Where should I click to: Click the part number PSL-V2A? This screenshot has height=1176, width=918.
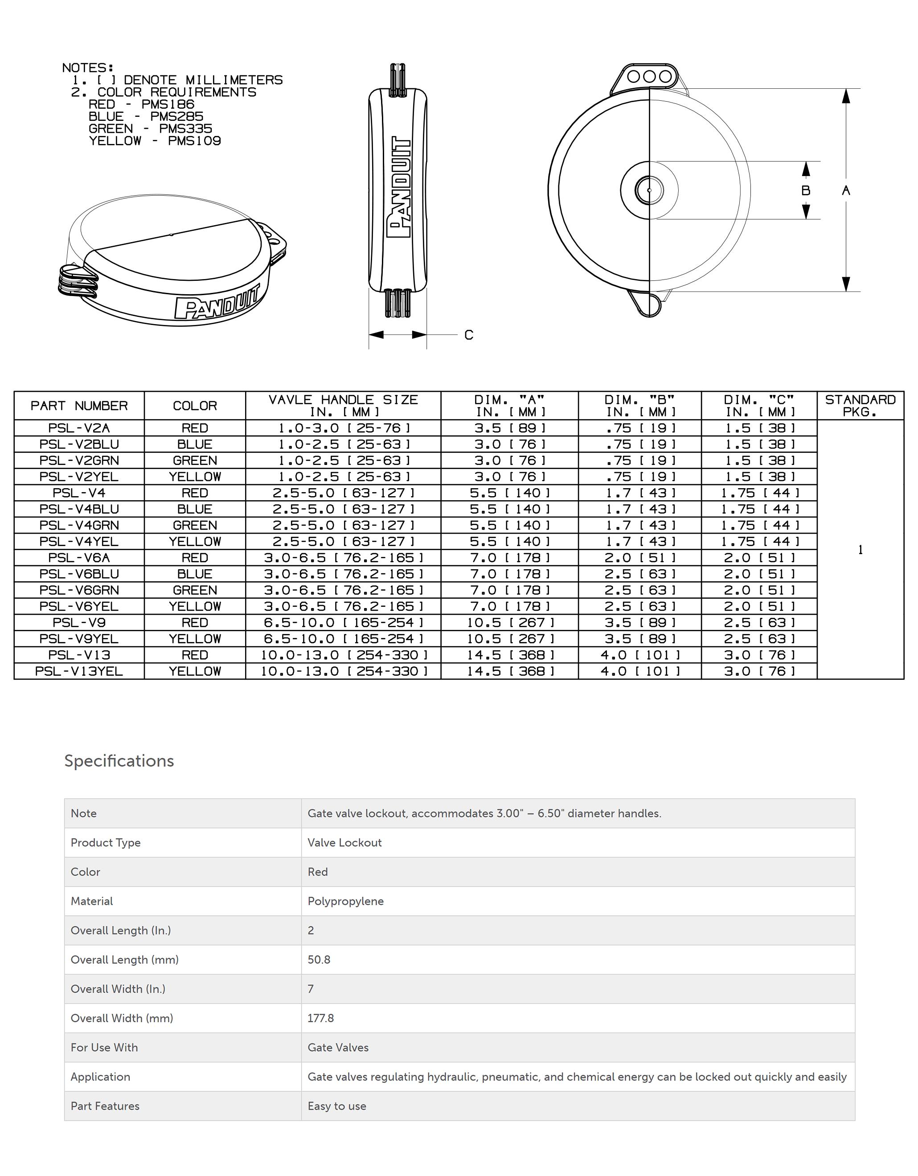click(x=79, y=428)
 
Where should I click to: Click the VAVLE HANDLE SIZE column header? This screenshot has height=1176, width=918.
click(x=343, y=406)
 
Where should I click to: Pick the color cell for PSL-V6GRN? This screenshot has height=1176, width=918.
click(x=195, y=590)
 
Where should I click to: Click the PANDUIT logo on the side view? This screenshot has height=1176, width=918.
click(x=399, y=187)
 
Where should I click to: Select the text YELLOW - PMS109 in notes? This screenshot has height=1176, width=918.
click(x=155, y=140)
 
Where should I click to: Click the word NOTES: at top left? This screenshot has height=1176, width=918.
click(x=88, y=68)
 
